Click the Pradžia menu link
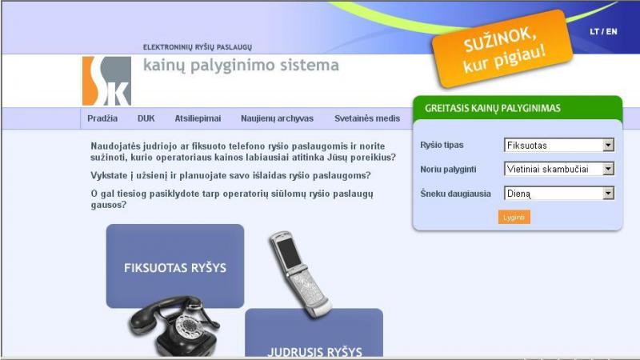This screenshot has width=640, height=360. [102, 118]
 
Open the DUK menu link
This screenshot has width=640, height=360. [146, 118]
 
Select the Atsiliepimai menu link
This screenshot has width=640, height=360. [198, 118]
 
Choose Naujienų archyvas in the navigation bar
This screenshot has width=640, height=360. [277, 118]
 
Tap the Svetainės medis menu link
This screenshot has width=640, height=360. [367, 118]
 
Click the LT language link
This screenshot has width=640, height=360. [594, 31]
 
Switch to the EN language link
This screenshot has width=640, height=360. [611, 31]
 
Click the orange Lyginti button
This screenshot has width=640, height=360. [514, 217]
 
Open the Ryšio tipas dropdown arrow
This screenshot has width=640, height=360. [608, 145]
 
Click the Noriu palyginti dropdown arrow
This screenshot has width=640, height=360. [608, 169]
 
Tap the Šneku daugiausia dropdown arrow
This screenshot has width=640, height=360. [608, 193]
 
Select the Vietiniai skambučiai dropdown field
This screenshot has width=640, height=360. [558, 169]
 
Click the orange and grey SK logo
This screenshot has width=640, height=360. [107, 81]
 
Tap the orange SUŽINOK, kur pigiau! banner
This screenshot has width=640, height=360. [502, 50]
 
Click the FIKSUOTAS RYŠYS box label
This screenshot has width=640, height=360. [175, 268]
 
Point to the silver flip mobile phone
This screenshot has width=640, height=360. [300, 274]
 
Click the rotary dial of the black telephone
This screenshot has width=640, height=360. [189, 326]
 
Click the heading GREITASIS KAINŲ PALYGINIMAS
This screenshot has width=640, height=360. [493, 108]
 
